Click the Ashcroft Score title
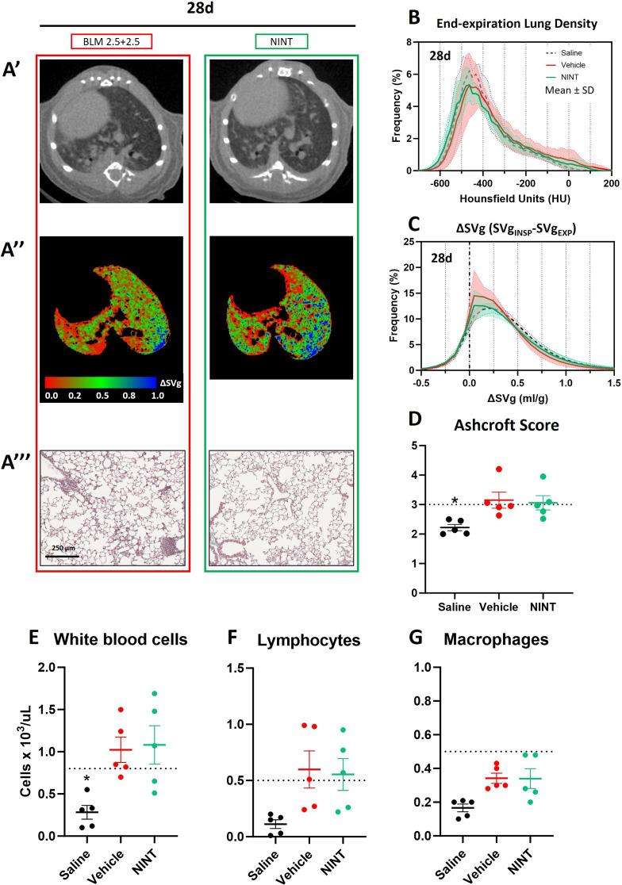click(501, 426)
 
